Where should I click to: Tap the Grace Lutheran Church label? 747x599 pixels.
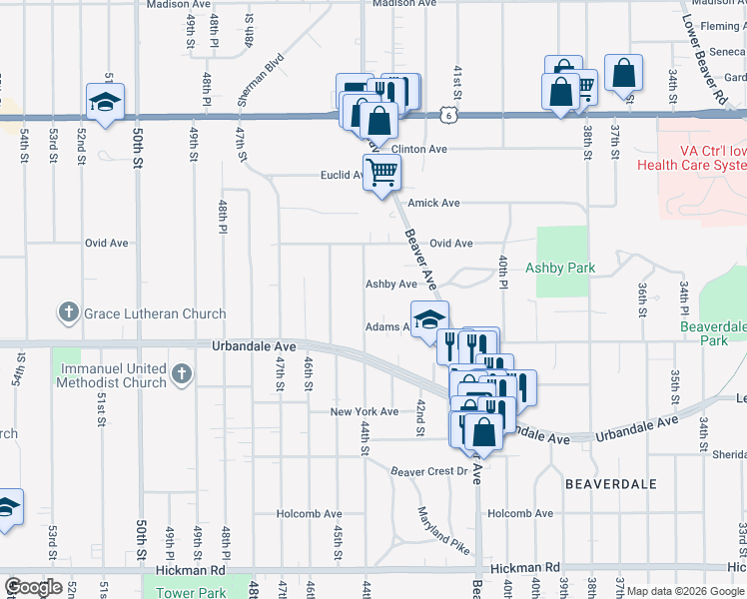(155, 313)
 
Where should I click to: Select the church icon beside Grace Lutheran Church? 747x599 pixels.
(68, 312)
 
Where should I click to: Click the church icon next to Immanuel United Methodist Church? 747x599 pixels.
(180, 375)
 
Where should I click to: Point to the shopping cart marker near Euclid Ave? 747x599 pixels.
(381, 174)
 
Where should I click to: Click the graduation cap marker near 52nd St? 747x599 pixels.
(104, 99)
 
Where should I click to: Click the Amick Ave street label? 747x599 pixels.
(433, 203)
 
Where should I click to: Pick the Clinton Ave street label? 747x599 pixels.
(418, 149)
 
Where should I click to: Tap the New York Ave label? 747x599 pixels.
(365, 411)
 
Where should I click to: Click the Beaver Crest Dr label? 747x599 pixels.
(429, 471)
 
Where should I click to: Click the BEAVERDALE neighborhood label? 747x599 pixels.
(611, 483)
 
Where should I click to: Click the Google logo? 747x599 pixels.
(34, 587)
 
